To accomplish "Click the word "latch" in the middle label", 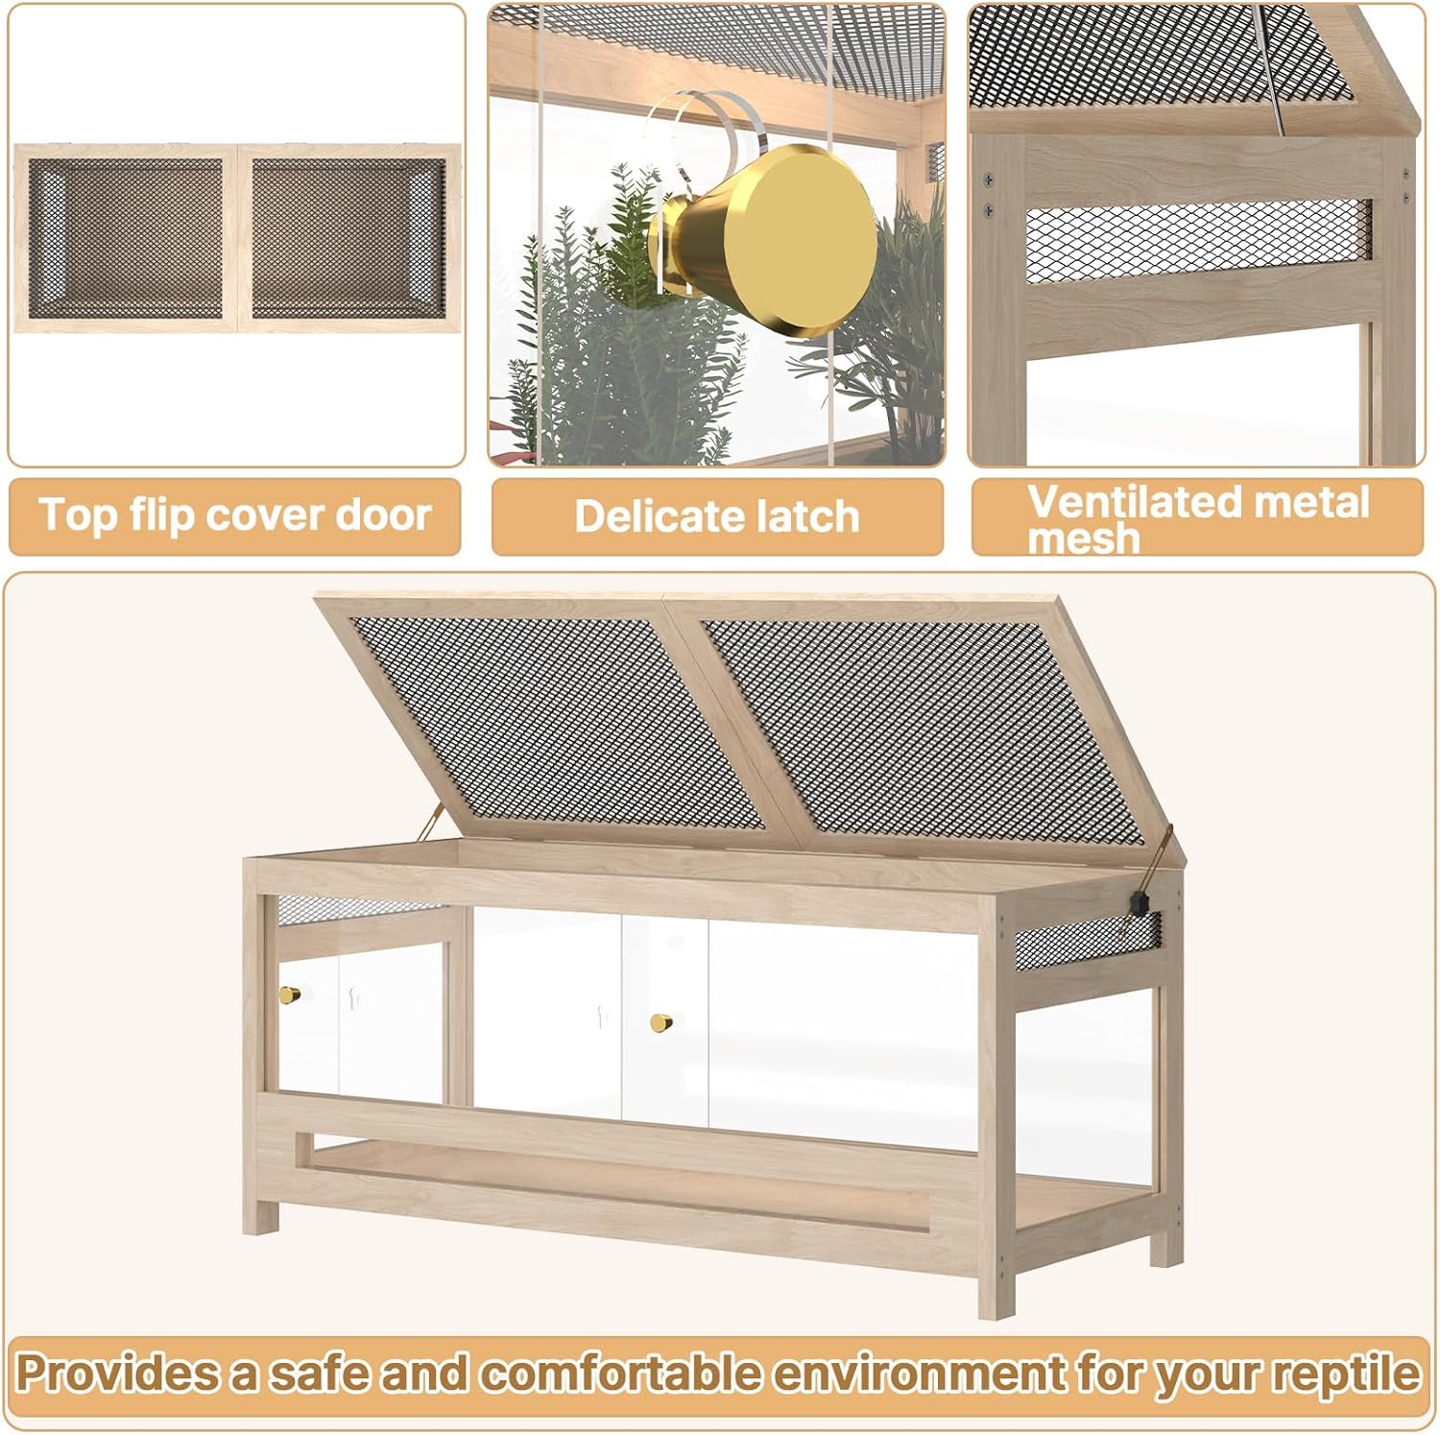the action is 801,516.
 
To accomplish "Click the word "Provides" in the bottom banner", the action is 117,1373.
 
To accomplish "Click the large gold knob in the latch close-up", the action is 768,227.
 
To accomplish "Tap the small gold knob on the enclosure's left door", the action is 289,994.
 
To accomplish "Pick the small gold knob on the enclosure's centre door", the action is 660,1023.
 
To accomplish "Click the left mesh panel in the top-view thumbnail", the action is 126,238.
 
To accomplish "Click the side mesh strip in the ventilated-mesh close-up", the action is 1199,241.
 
